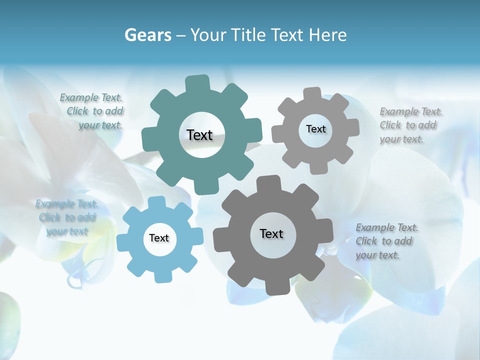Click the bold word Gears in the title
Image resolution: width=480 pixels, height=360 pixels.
[148, 35]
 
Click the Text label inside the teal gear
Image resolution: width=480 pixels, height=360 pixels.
[199, 135]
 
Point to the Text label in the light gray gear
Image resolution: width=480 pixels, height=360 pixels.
[315, 129]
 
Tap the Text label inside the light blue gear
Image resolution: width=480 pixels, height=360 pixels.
[159, 238]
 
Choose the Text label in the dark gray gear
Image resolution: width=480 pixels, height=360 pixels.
[271, 233]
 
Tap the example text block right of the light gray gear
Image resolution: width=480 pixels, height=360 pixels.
[410, 125]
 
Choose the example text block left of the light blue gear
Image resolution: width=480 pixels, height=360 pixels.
[66, 217]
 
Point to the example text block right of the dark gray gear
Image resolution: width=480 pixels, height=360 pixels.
[386, 241]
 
